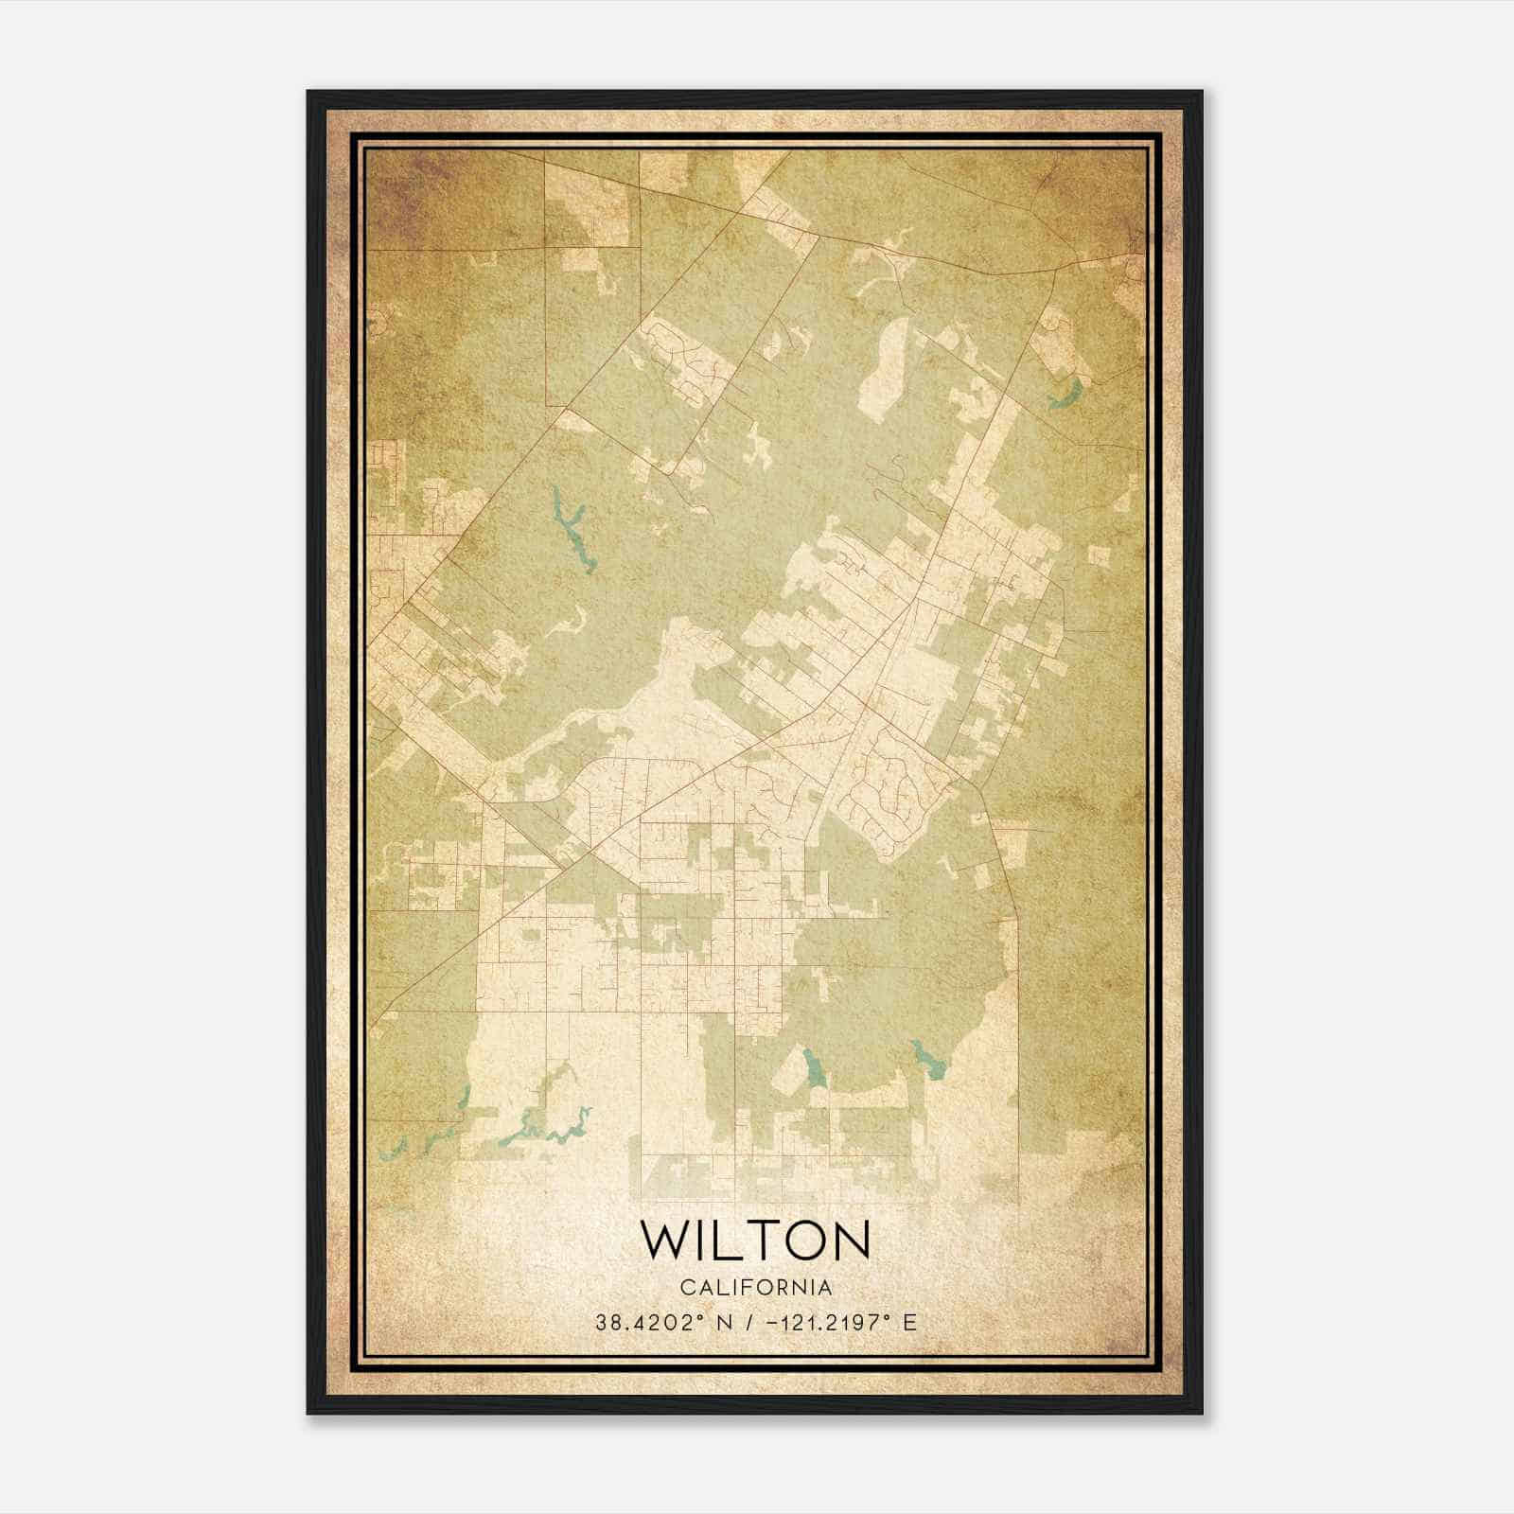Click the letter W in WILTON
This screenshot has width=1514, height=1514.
tap(665, 1241)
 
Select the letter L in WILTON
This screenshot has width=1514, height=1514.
tap(731, 1241)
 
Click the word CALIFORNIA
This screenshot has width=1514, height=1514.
tap(756, 1288)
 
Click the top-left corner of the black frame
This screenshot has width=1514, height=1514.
tap(309, 93)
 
